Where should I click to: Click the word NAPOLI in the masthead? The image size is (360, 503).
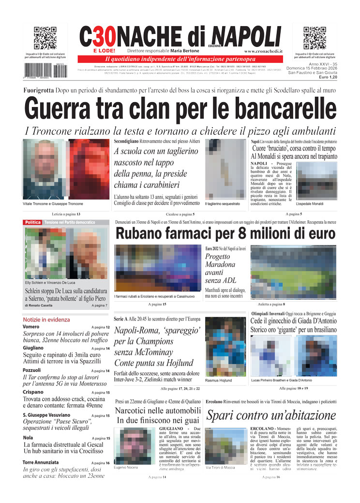click(x=246, y=37)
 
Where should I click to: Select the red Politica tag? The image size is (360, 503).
click(x=32, y=222)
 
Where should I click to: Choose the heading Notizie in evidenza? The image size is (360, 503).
click(x=46, y=320)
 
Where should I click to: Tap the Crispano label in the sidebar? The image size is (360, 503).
click(x=33, y=392)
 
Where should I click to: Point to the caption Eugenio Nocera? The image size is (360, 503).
click(x=126, y=467)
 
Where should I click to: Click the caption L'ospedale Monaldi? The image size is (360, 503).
click(x=310, y=204)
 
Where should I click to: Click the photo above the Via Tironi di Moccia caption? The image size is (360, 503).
click(x=220, y=445)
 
